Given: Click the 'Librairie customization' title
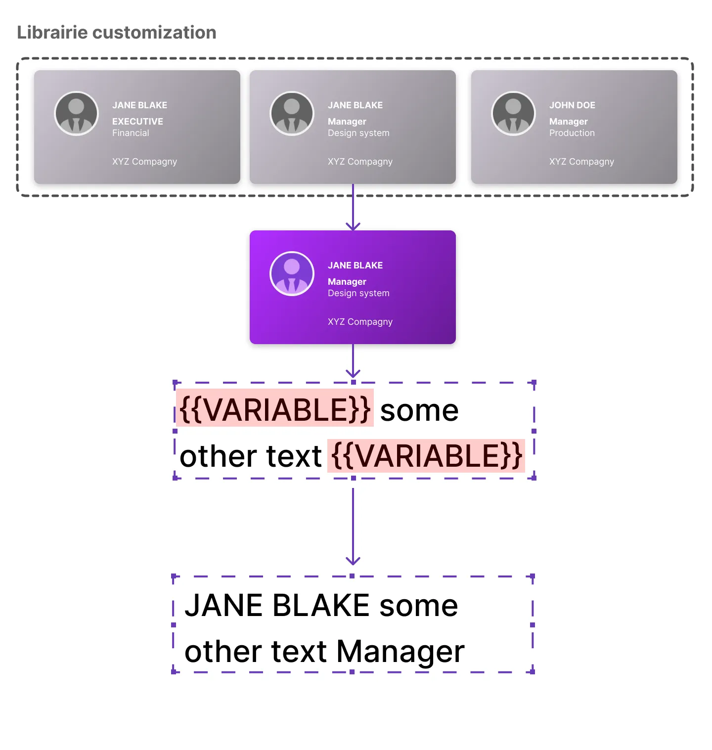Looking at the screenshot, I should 117,33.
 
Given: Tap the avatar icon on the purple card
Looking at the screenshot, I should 292,273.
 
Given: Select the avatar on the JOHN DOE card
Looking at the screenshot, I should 513,113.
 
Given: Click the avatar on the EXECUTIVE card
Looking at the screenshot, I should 76,113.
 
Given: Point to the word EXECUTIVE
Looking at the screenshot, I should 137,121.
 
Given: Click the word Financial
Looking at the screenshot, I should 131,133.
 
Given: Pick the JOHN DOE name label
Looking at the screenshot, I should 572,105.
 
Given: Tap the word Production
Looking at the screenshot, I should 572,133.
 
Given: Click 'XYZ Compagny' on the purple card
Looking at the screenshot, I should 360,322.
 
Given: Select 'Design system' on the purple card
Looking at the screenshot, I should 358,293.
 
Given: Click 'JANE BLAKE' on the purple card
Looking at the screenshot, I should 355,265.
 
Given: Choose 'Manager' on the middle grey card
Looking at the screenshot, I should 347,121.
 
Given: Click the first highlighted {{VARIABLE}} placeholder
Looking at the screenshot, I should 275,409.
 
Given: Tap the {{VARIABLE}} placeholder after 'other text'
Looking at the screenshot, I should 426,456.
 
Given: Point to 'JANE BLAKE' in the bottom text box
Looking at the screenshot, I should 277,605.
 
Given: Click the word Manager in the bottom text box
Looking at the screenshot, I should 400,651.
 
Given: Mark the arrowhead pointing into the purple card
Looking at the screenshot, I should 353,226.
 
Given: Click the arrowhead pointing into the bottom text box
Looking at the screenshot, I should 353,561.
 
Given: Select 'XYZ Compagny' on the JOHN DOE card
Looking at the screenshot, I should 581,162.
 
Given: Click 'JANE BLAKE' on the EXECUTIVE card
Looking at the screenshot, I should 139,105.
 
